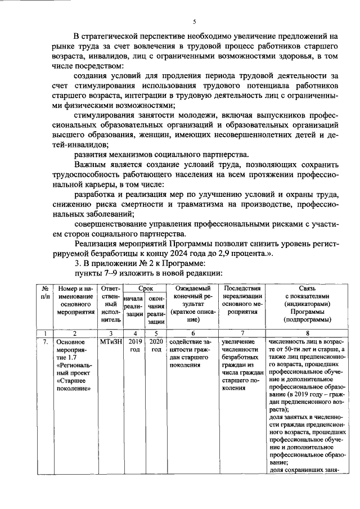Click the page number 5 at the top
point(194,21)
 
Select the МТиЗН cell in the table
point(109,341)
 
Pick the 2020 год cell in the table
point(156,345)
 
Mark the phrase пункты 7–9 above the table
point(97,273)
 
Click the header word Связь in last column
point(304,287)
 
